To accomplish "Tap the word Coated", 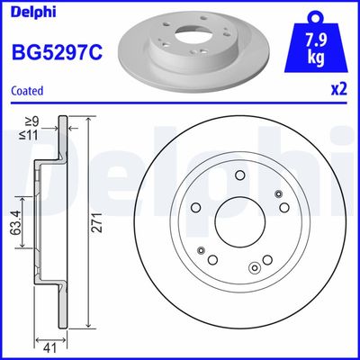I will pos(29,91).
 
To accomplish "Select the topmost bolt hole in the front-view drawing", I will pos(239,177).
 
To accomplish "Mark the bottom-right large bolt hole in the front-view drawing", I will pos(266,261).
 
